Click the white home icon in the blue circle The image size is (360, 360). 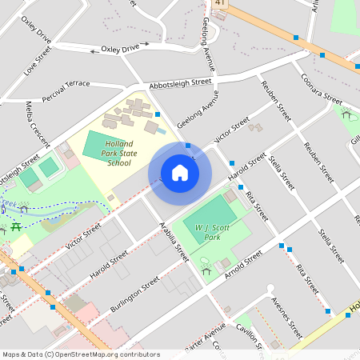[x=180, y=172]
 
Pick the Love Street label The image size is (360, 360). [x=38, y=60]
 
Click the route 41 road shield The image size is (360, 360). [x=218, y=3]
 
